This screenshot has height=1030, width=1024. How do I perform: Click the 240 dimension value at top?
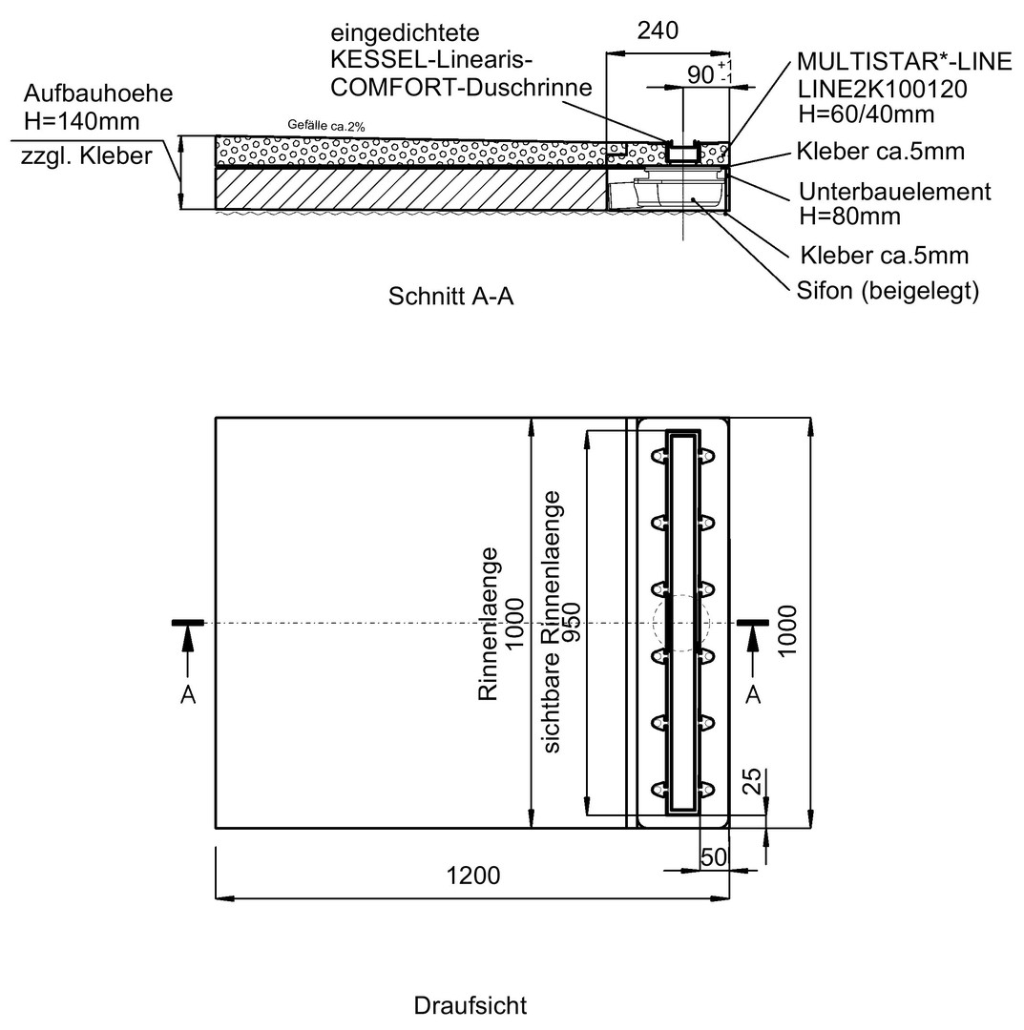click(658, 31)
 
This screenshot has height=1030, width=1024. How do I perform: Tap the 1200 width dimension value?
click(473, 875)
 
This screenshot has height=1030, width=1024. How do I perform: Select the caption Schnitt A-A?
click(450, 297)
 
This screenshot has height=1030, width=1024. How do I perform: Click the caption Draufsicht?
click(470, 1006)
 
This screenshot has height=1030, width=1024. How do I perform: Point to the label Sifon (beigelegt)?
click(888, 290)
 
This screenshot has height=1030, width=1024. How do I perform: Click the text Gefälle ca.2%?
click(326, 126)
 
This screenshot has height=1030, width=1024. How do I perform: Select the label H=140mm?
click(81, 121)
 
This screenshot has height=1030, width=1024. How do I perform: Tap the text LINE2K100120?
click(882, 89)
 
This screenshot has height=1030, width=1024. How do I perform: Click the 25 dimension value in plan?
click(751, 781)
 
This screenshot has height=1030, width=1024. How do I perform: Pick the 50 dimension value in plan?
click(714, 856)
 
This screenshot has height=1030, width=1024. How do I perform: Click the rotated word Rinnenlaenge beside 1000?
click(488, 624)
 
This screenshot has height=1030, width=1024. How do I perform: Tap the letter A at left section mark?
click(188, 694)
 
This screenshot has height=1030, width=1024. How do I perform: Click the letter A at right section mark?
click(753, 694)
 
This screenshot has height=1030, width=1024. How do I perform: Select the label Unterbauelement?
click(894, 192)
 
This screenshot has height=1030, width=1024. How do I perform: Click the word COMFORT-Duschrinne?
click(461, 88)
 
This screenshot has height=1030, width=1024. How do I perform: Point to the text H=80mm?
click(849, 216)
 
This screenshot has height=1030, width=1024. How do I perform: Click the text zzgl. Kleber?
click(87, 156)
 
